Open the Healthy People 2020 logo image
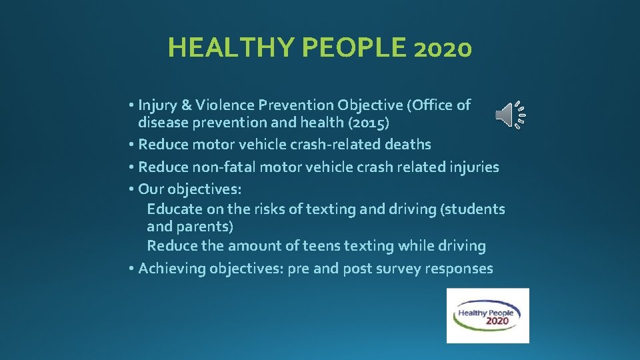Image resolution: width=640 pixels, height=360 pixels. [487, 315]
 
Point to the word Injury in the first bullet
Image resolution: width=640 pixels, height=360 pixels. [157, 105]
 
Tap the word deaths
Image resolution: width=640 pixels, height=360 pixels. [407, 144]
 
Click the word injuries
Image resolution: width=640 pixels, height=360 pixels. [473, 167]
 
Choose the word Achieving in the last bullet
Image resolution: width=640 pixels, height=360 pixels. [172, 269]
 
